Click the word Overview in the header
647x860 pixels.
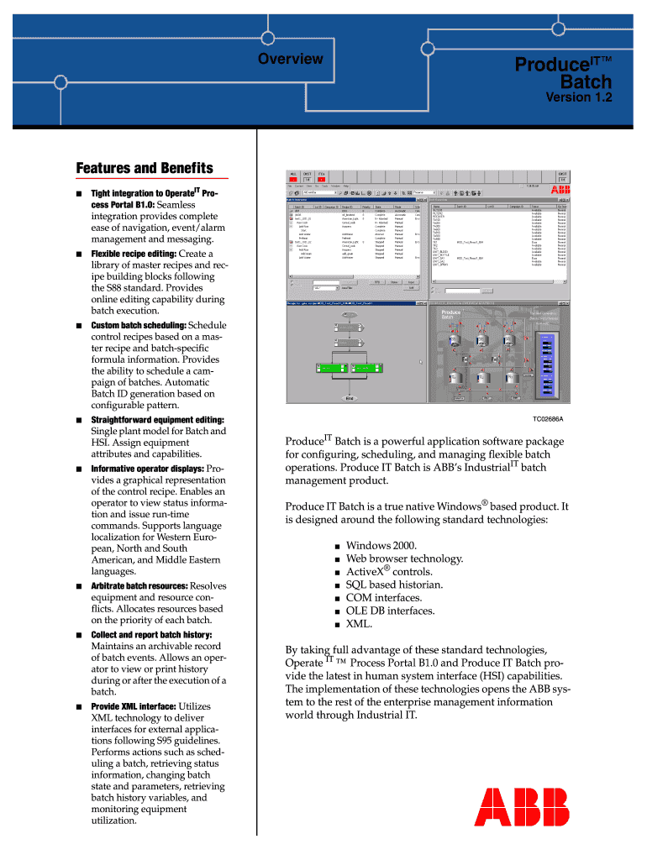(290, 59)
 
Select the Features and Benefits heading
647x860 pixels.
(145, 168)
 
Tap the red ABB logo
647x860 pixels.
(522, 807)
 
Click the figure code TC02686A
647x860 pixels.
(547, 417)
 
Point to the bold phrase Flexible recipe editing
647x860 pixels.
(134, 254)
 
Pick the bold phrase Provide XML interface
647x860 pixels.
(133, 706)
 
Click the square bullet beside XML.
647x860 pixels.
(336, 625)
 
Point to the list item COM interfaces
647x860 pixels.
(384, 598)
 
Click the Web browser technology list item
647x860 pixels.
(404, 558)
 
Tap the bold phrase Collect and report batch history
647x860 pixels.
(151, 634)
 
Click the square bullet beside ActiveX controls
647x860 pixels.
(336, 573)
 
